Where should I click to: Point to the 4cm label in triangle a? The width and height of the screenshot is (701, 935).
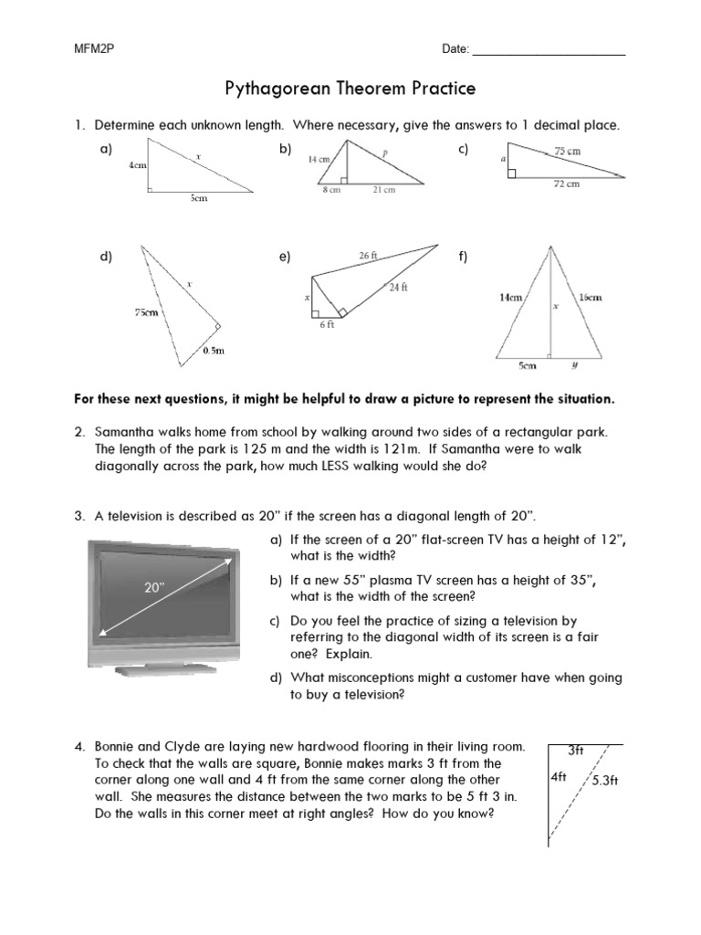point(138,166)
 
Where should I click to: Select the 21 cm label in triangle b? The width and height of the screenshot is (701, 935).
point(384,190)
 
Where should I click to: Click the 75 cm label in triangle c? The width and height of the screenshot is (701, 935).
point(569,151)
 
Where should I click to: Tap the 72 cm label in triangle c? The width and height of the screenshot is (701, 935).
point(567,184)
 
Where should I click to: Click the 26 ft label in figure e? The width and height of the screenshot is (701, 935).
point(368,257)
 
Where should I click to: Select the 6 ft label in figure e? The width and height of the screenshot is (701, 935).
point(326,323)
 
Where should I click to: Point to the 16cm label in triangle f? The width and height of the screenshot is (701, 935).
point(590,297)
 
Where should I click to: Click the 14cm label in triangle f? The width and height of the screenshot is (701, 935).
point(510,297)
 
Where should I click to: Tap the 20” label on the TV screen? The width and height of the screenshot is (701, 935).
point(153,588)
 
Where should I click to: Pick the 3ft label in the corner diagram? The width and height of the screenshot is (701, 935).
point(576,751)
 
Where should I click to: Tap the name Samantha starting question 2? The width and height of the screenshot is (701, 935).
point(125,431)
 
